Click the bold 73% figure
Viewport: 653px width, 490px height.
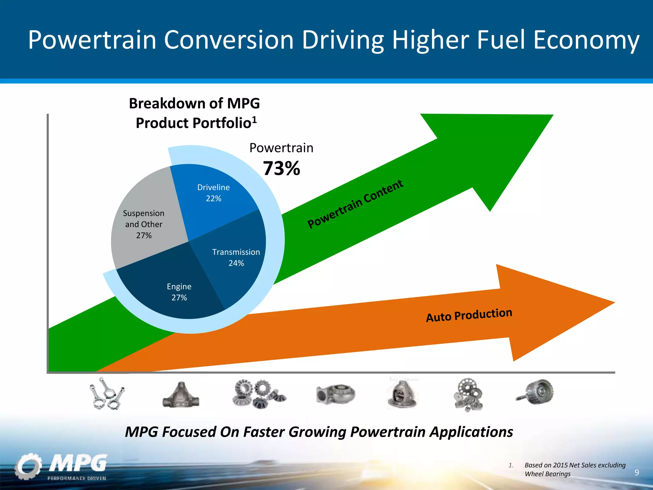click(281, 168)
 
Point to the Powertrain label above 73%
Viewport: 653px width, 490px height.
click(281, 148)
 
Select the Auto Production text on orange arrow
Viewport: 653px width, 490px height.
click(469, 315)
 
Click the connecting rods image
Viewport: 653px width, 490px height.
click(107, 394)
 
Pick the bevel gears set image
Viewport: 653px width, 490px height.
click(258, 394)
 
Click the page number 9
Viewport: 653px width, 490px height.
click(636, 472)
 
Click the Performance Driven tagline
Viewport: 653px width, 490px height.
click(77, 478)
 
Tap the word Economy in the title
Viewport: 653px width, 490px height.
click(586, 40)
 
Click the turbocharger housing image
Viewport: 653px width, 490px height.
click(335, 394)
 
